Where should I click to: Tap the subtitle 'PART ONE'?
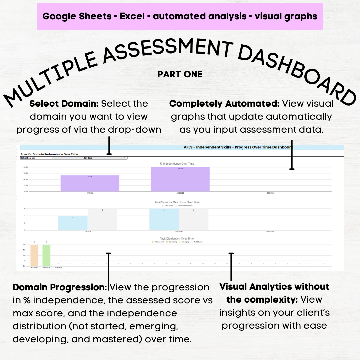pyautogui.click(x=180, y=74)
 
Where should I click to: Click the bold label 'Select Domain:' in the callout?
pyautogui.click(x=64, y=104)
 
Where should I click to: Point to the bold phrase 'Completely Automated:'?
pyautogui.click(x=224, y=104)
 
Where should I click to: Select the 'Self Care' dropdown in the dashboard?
pyautogui.click(x=90, y=158)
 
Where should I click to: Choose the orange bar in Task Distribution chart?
pyautogui.click(x=34, y=255)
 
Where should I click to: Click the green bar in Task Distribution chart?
pyautogui.click(x=46, y=255)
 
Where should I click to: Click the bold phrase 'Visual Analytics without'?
pyautogui.click(x=274, y=287)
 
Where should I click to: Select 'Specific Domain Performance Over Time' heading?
pyautogui.click(x=49, y=154)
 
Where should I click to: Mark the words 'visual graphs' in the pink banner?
pyautogui.click(x=286, y=16)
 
